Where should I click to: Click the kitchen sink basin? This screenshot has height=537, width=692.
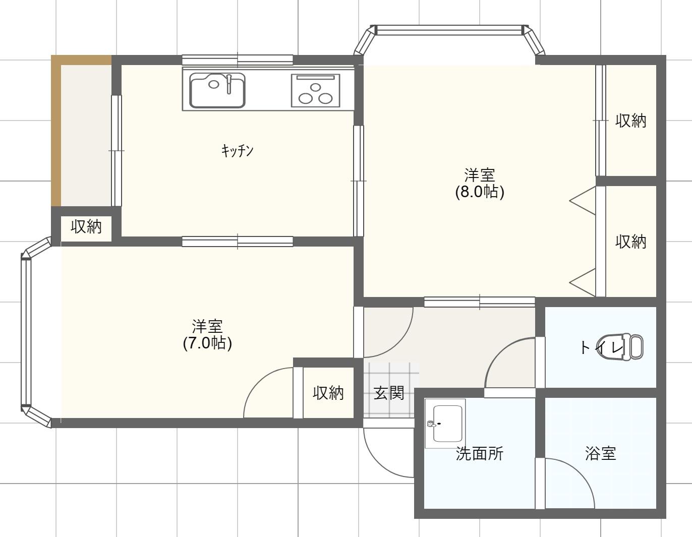(x=217, y=90)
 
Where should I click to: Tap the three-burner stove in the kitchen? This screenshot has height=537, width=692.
(x=315, y=90)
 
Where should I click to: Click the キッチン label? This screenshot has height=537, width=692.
(x=237, y=151)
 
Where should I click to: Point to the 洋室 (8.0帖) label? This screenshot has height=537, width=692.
(x=480, y=184)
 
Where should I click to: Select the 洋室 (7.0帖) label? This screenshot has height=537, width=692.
(x=207, y=334)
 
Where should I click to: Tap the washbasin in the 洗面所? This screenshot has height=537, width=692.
(x=445, y=424)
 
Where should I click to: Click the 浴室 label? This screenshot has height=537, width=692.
(x=601, y=454)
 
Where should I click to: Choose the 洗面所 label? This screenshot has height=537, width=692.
(x=480, y=454)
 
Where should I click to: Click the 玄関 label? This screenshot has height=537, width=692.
(x=389, y=393)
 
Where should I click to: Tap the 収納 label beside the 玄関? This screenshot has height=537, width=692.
(x=328, y=393)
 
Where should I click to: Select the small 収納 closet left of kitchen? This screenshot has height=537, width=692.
(x=86, y=227)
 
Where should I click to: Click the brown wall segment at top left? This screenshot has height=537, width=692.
(x=56, y=131)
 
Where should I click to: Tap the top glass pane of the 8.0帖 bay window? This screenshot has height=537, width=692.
(x=449, y=30)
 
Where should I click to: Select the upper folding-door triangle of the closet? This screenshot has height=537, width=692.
(x=583, y=201)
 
